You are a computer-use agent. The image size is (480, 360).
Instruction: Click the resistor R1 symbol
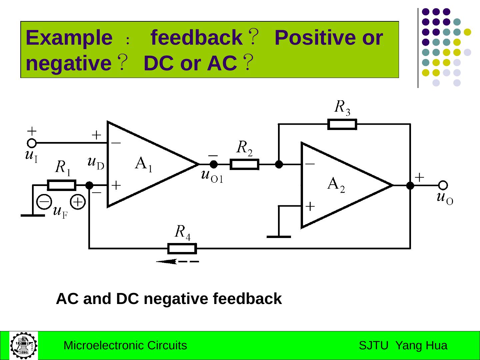(x=62, y=185)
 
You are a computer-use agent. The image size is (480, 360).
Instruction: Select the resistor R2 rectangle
(x=244, y=164)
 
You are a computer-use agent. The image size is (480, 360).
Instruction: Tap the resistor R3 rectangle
(x=342, y=124)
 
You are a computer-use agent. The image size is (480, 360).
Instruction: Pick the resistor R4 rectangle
(x=182, y=249)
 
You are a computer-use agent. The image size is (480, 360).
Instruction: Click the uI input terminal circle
(x=32, y=143)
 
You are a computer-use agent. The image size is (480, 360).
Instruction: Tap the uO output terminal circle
(x=443, y=185)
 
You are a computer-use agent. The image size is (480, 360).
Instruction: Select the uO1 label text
(x=212, y=176)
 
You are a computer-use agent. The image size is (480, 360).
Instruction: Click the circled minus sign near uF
(x=44, y=201)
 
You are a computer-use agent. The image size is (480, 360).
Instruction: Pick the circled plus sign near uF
(x=78, y=202)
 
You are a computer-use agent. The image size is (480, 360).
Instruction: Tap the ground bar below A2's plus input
(x=279, y=237)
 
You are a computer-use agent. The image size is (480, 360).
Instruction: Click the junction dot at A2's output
(x=410, y=186)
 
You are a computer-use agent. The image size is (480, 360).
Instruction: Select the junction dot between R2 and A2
(x=279, y=164)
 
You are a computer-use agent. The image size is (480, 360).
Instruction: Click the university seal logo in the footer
(x=23, y=345)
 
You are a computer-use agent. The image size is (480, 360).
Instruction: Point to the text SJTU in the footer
(x=373, y=346)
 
